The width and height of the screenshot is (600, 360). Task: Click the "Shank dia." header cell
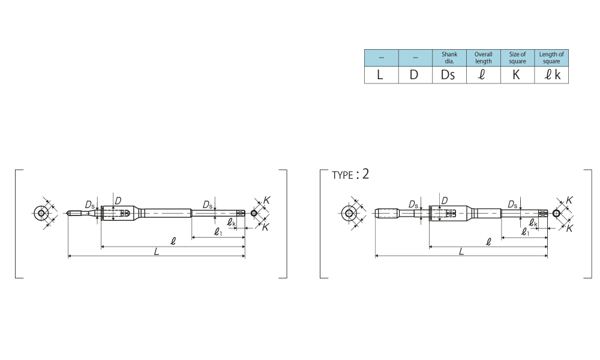tap(449, 58)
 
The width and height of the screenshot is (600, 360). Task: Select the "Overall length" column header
tap(483, 58)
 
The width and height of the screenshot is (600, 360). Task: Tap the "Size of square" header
tap(517, 58)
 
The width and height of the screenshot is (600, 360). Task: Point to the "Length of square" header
tap(551, 58)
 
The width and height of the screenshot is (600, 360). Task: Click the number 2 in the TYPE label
tap(365, 174)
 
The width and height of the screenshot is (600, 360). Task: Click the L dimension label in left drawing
tap(157, 252)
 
